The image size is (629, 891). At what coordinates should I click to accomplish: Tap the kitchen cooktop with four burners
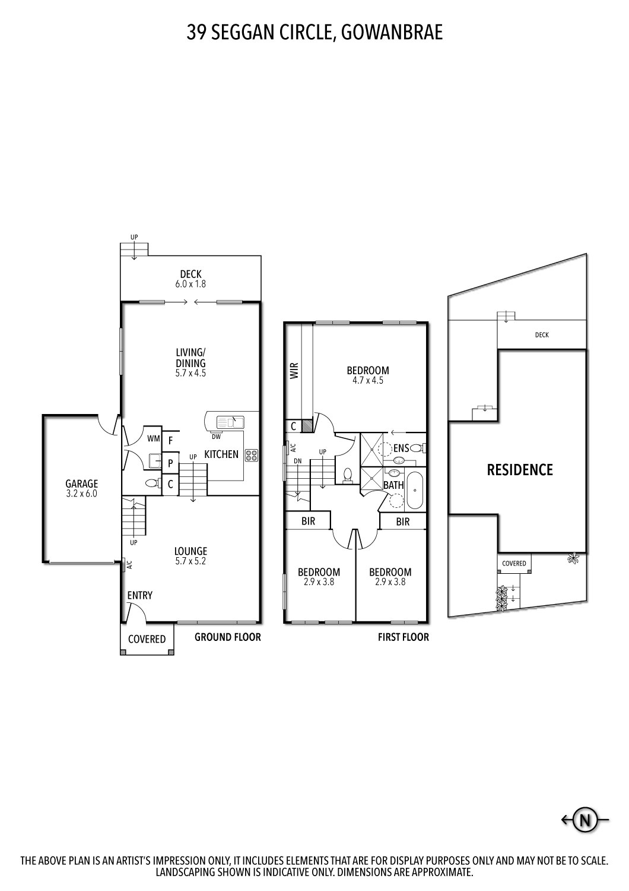click(251, 455)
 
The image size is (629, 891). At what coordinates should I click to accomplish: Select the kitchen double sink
click(230, 422)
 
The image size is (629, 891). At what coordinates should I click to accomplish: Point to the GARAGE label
click(81, 484)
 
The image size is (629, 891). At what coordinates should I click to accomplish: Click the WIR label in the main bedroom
click(294, 370)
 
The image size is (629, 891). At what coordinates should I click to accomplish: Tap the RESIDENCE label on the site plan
click(520, 470)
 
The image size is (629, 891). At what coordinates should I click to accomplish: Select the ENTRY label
click(140, 595)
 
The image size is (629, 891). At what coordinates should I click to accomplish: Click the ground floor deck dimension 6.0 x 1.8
click(190, 285)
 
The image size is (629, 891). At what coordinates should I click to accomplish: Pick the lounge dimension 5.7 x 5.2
click(190, 561)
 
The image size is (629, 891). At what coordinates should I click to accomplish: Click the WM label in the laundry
click(153, 439)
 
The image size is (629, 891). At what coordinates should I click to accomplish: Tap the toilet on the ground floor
click(153, 484)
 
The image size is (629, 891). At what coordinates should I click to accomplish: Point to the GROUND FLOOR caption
click(228, 637)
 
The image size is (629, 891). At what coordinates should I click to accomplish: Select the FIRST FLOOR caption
click(404, 637)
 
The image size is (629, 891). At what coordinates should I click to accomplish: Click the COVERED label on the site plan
click(514, 563)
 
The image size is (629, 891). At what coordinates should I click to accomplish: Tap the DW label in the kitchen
click(216, 437)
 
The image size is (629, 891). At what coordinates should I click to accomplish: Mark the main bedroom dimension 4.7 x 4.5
click(368, 381)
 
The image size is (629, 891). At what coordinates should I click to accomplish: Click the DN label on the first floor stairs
click(297, 460)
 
